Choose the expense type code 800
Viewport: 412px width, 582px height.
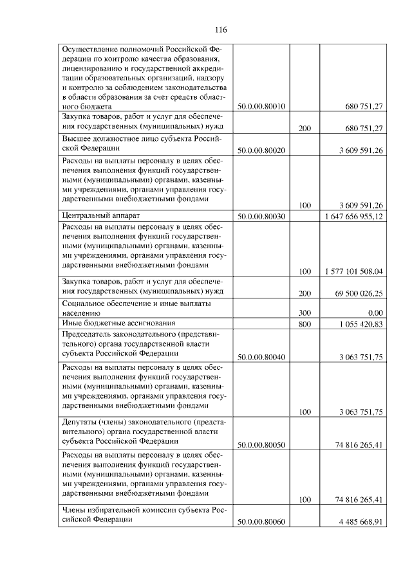[x=305, y=324]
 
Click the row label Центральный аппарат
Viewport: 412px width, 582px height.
[x=100, y=215]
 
